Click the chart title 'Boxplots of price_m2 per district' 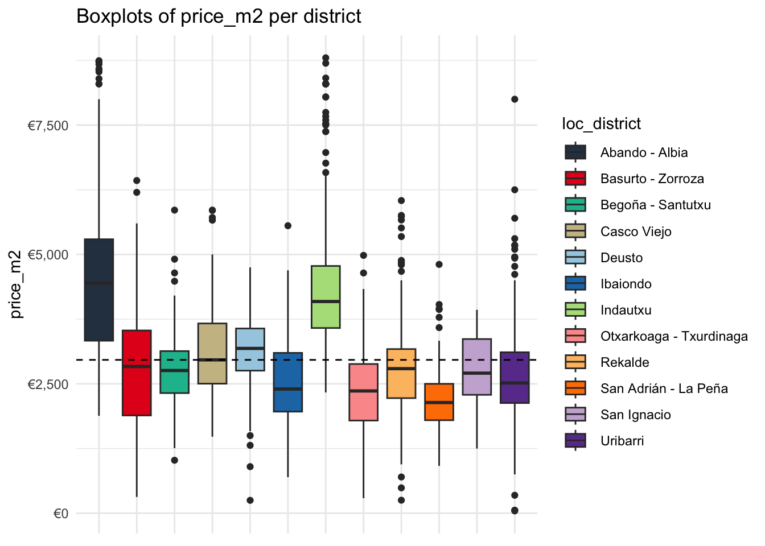pos(219,16)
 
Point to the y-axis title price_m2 pos(16,284)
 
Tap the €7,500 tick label pos(48,126)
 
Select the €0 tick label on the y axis pos(60,514)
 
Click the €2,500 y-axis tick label pos(48,384)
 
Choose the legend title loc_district pos(601,124)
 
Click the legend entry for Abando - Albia pos(644,152)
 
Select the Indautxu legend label pos(626,310)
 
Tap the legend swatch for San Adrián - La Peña pos(575,388)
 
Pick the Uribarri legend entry pos(622,441)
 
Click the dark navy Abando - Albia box pos(99,290)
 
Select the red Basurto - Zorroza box pos(137,373)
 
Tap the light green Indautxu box pos(326,296)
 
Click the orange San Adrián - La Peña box pos(439,402)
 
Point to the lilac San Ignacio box pos(477,367)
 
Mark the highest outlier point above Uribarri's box pos(515,99)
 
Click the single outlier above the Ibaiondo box pos(288,226)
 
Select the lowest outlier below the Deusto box pos(250,500)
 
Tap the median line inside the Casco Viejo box pos(212,359)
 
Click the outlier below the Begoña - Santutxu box pos(175,460)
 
